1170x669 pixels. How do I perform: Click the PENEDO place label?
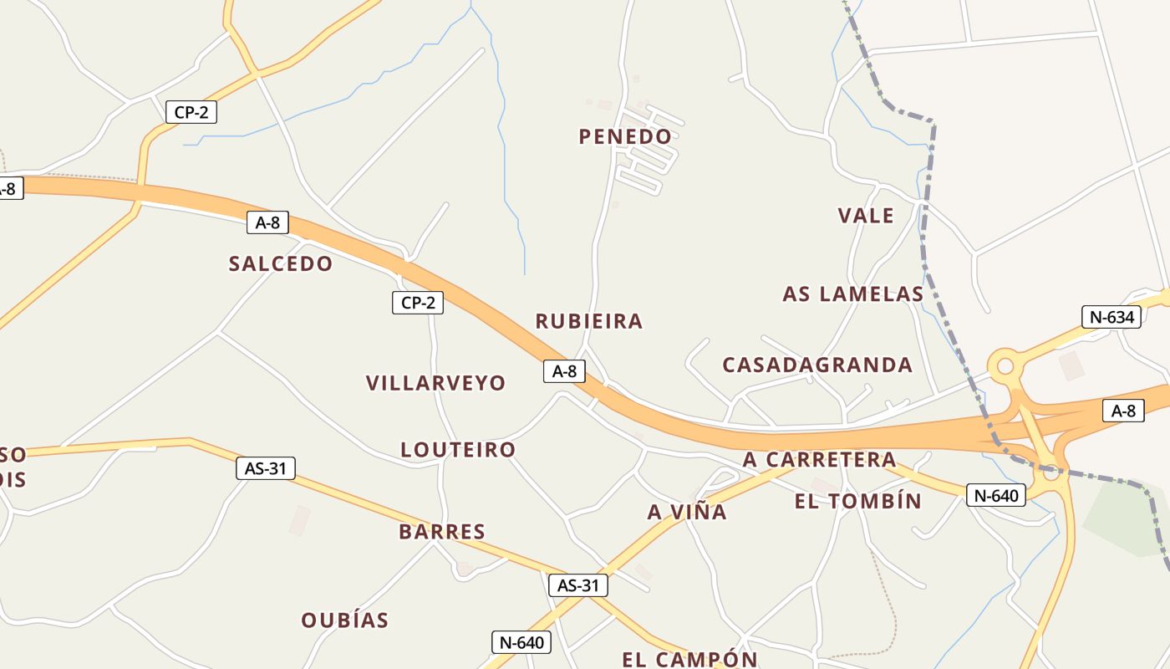[x=625, y=136]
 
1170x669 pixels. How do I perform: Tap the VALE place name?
[x=866, y=216]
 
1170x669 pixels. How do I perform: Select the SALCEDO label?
[x=281, y=264]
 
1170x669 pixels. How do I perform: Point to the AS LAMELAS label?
[x=853, y=294]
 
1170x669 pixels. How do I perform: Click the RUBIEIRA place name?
[x=589, y=321]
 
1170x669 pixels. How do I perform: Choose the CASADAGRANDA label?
[x=817, y=365]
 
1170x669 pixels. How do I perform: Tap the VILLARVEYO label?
[x=435, y=383]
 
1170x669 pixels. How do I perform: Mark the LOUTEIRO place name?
[x=458, y=450]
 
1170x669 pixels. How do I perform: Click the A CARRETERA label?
[x=819, y=460]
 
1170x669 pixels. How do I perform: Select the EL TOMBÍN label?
[x=858, y=502]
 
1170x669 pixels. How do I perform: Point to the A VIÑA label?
[x=687, y=512]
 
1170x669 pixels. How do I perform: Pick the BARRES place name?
[x=442, y=532]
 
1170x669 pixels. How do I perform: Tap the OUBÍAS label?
[x=345, y=620]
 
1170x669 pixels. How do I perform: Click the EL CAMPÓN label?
[x=689, y=659]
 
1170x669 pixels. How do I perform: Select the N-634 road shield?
[x=1111, y=317]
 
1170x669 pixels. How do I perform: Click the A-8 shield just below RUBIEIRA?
[x=564, y=371]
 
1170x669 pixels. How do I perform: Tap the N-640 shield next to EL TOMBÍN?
[x=995, y=495]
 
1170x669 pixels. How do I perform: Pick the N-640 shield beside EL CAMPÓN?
[x=521, y=642]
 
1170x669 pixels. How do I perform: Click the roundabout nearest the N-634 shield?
[x=1005, y=365]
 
